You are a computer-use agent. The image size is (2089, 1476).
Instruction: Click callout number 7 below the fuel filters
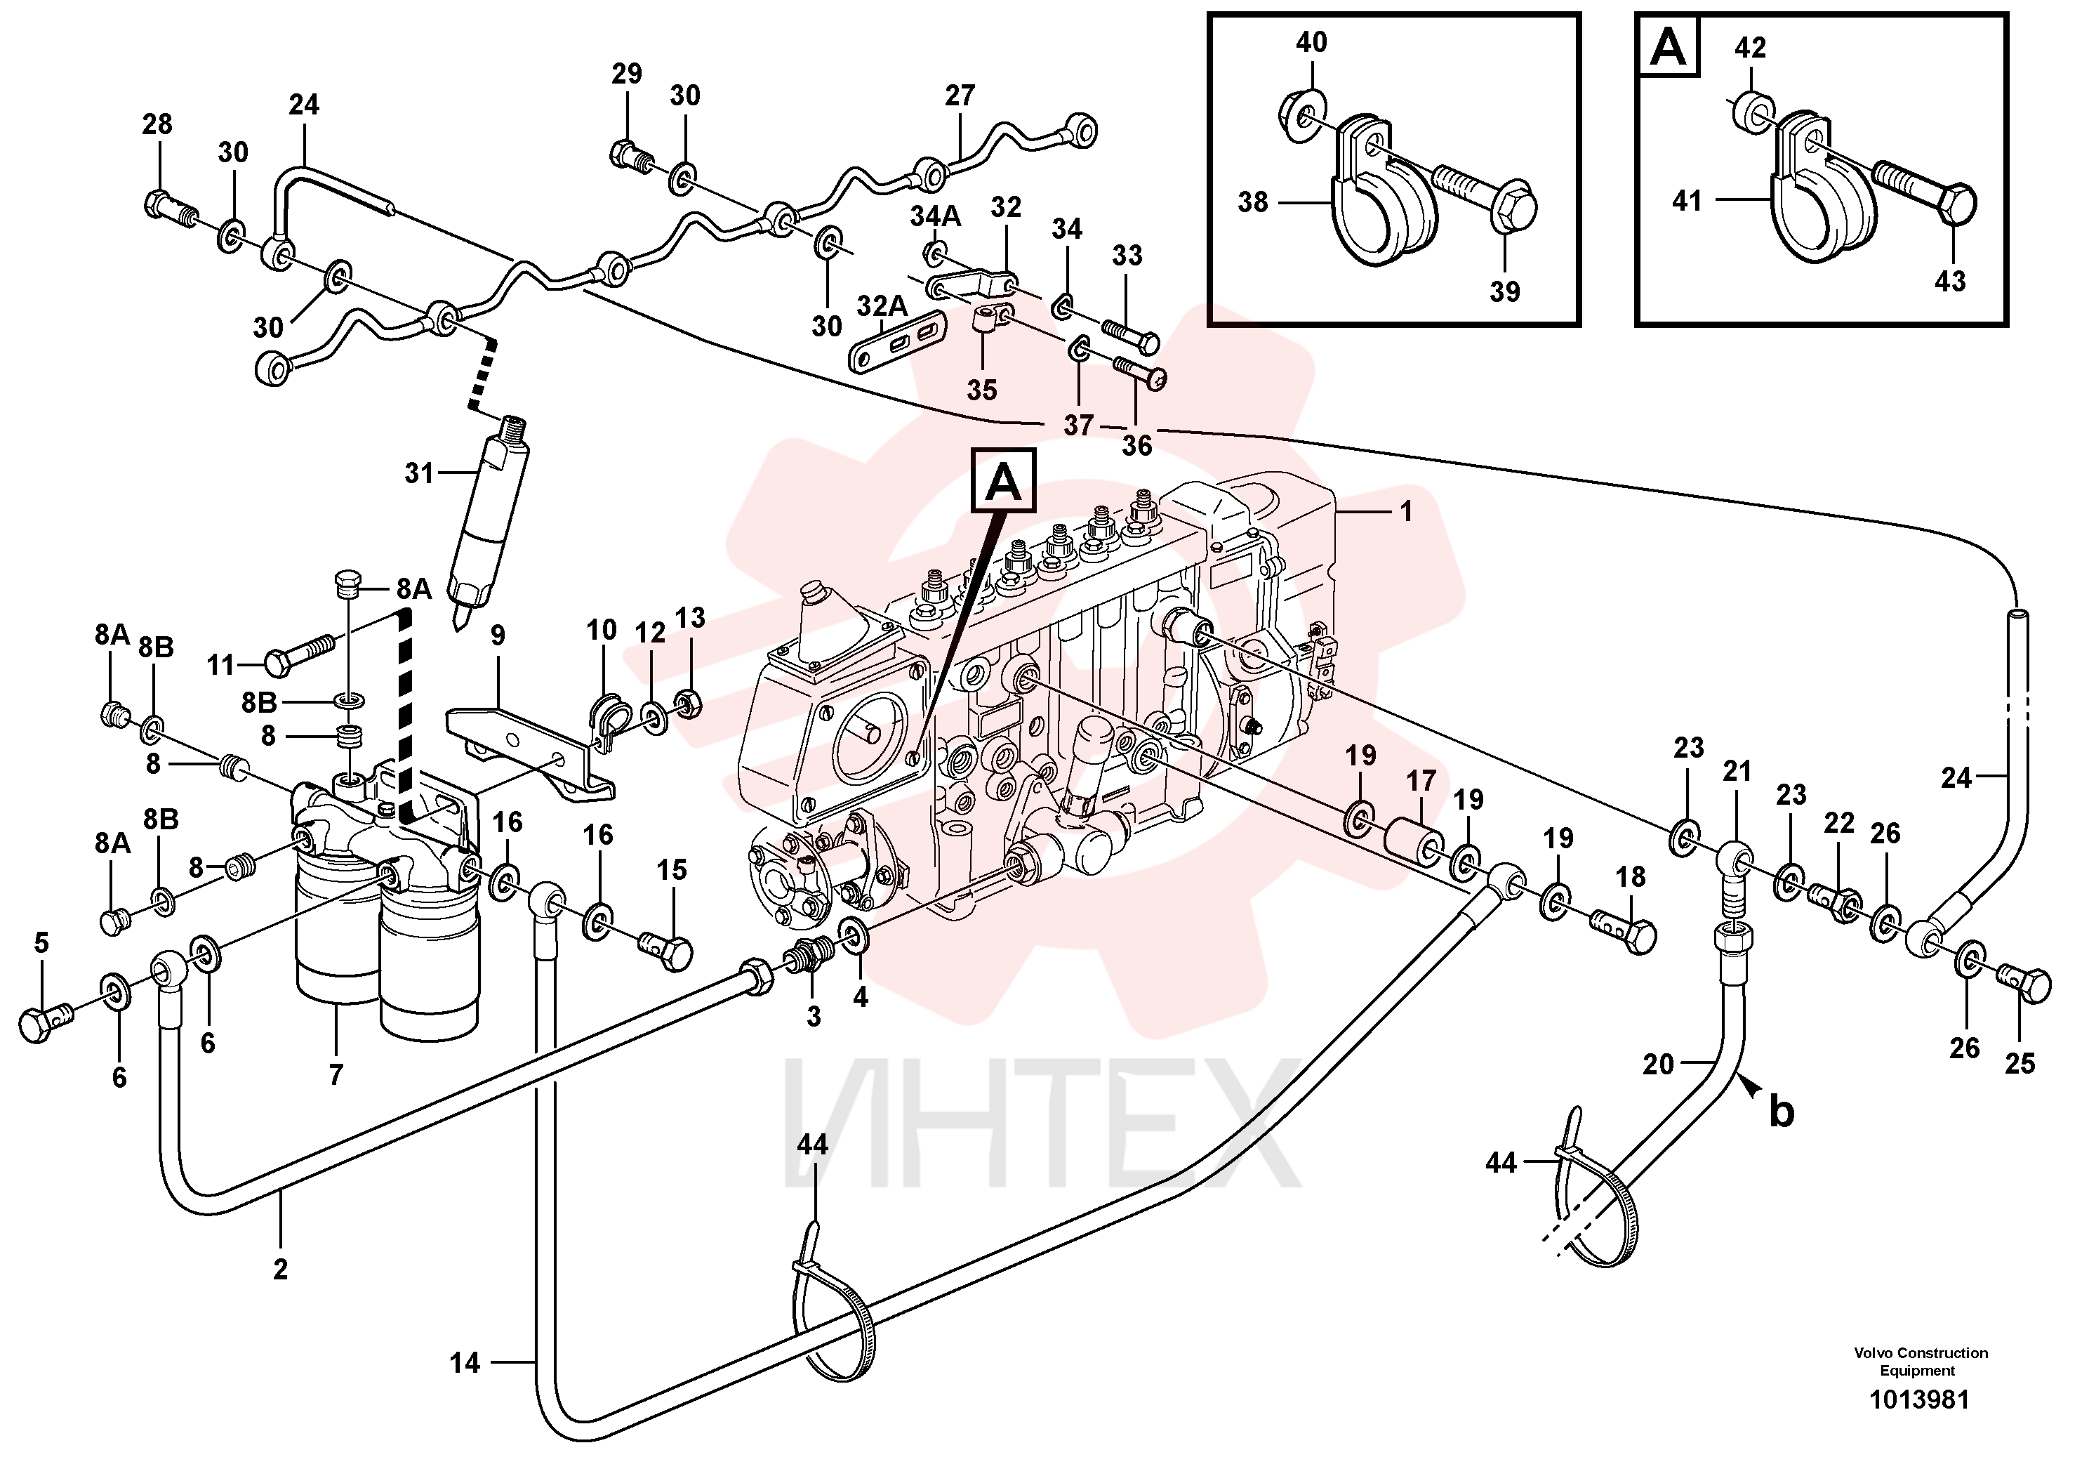[x=336, y=1074]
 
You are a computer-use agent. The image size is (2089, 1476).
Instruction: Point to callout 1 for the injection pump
[x=1406, y=511]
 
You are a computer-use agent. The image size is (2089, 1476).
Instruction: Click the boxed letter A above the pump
[x=1004, y=482]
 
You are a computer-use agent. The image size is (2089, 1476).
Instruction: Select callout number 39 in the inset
[x=1505, y=292]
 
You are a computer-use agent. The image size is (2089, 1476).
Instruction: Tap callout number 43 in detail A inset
[x=1950, y=281]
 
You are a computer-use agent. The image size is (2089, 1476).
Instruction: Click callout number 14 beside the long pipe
[x=464, y=1363]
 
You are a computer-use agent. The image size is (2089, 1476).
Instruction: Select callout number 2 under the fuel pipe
[x=280, y=1269]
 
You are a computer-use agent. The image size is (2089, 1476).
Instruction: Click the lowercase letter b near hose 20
[x=1782, y=1112]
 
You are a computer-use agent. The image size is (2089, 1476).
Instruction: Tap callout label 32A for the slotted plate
[x=882, y=305]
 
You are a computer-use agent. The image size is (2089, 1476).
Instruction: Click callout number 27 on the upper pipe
[x=960, y=95]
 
